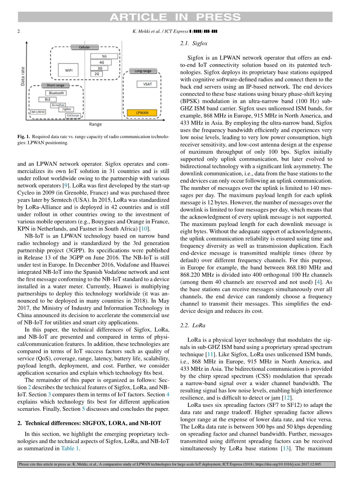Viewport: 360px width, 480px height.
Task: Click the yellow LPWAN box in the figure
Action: coord(142,113)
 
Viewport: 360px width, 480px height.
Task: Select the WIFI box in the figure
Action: coord(68,70)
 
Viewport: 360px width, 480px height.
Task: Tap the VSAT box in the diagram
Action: coord(148,84)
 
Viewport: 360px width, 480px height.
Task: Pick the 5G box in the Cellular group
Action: coord(104,56)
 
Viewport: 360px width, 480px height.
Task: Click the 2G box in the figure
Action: coord(97,74)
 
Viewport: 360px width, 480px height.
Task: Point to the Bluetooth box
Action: coord(57,93)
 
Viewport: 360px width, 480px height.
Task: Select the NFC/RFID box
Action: coord(38,112)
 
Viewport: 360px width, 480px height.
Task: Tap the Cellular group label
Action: coord(84,47)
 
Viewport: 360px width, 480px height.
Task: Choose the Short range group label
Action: coord(55,85)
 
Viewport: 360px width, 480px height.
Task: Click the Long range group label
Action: coord(143,71)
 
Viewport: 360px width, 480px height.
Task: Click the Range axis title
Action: coord(95,124)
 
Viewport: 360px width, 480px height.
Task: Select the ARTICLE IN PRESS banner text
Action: coord(175,17)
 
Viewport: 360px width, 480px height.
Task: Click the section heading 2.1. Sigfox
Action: coord(194,44)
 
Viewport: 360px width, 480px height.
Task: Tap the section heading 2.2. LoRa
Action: coord(193,325)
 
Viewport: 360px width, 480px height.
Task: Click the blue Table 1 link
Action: coord(70,448)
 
